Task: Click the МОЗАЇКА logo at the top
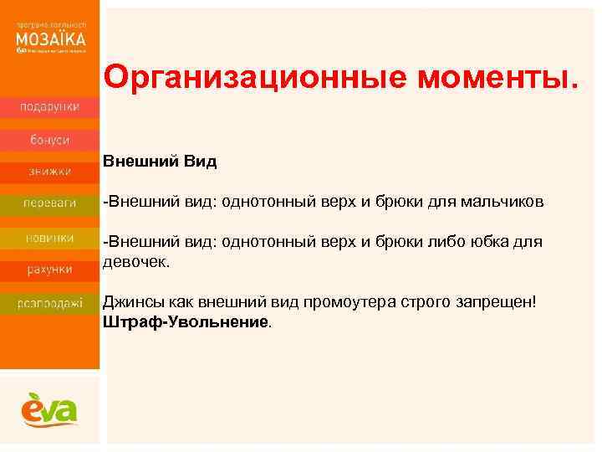pos(50,39)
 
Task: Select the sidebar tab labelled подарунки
pos(50,106)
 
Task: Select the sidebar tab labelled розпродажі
pos(50,303)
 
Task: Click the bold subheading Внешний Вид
pos(160,162)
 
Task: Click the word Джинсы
pos(130,301)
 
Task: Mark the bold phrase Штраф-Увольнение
pos(186,321)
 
